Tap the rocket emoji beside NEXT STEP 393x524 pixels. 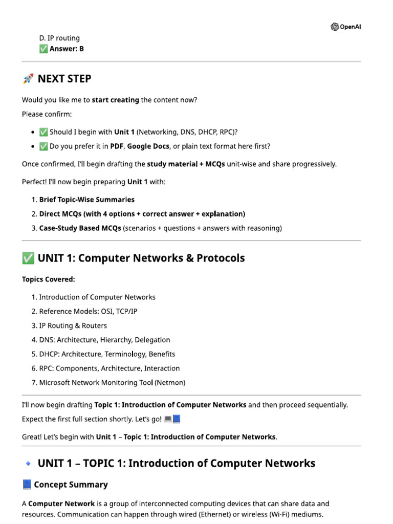pos(28,79)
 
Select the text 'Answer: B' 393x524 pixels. pos(67,49)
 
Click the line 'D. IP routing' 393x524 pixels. pos(59,38)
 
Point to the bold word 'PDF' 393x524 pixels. pos(117,146)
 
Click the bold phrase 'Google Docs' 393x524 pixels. pos(148,146)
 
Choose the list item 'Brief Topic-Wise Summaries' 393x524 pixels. pos(87,200)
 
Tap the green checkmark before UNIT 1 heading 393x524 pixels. pos(28,258)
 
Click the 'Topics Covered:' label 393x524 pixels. pos(49,279)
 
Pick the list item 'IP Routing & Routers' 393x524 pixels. pos(73,325)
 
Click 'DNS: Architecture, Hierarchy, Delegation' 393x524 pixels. pos(104,340)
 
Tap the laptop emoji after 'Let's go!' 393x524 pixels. pos(168,419)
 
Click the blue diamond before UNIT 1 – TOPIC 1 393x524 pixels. pos(28,464)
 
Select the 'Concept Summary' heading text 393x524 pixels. pos(71,485)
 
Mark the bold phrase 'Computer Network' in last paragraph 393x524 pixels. pos(61,504)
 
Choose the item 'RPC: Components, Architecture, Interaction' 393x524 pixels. pos(110,368)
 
